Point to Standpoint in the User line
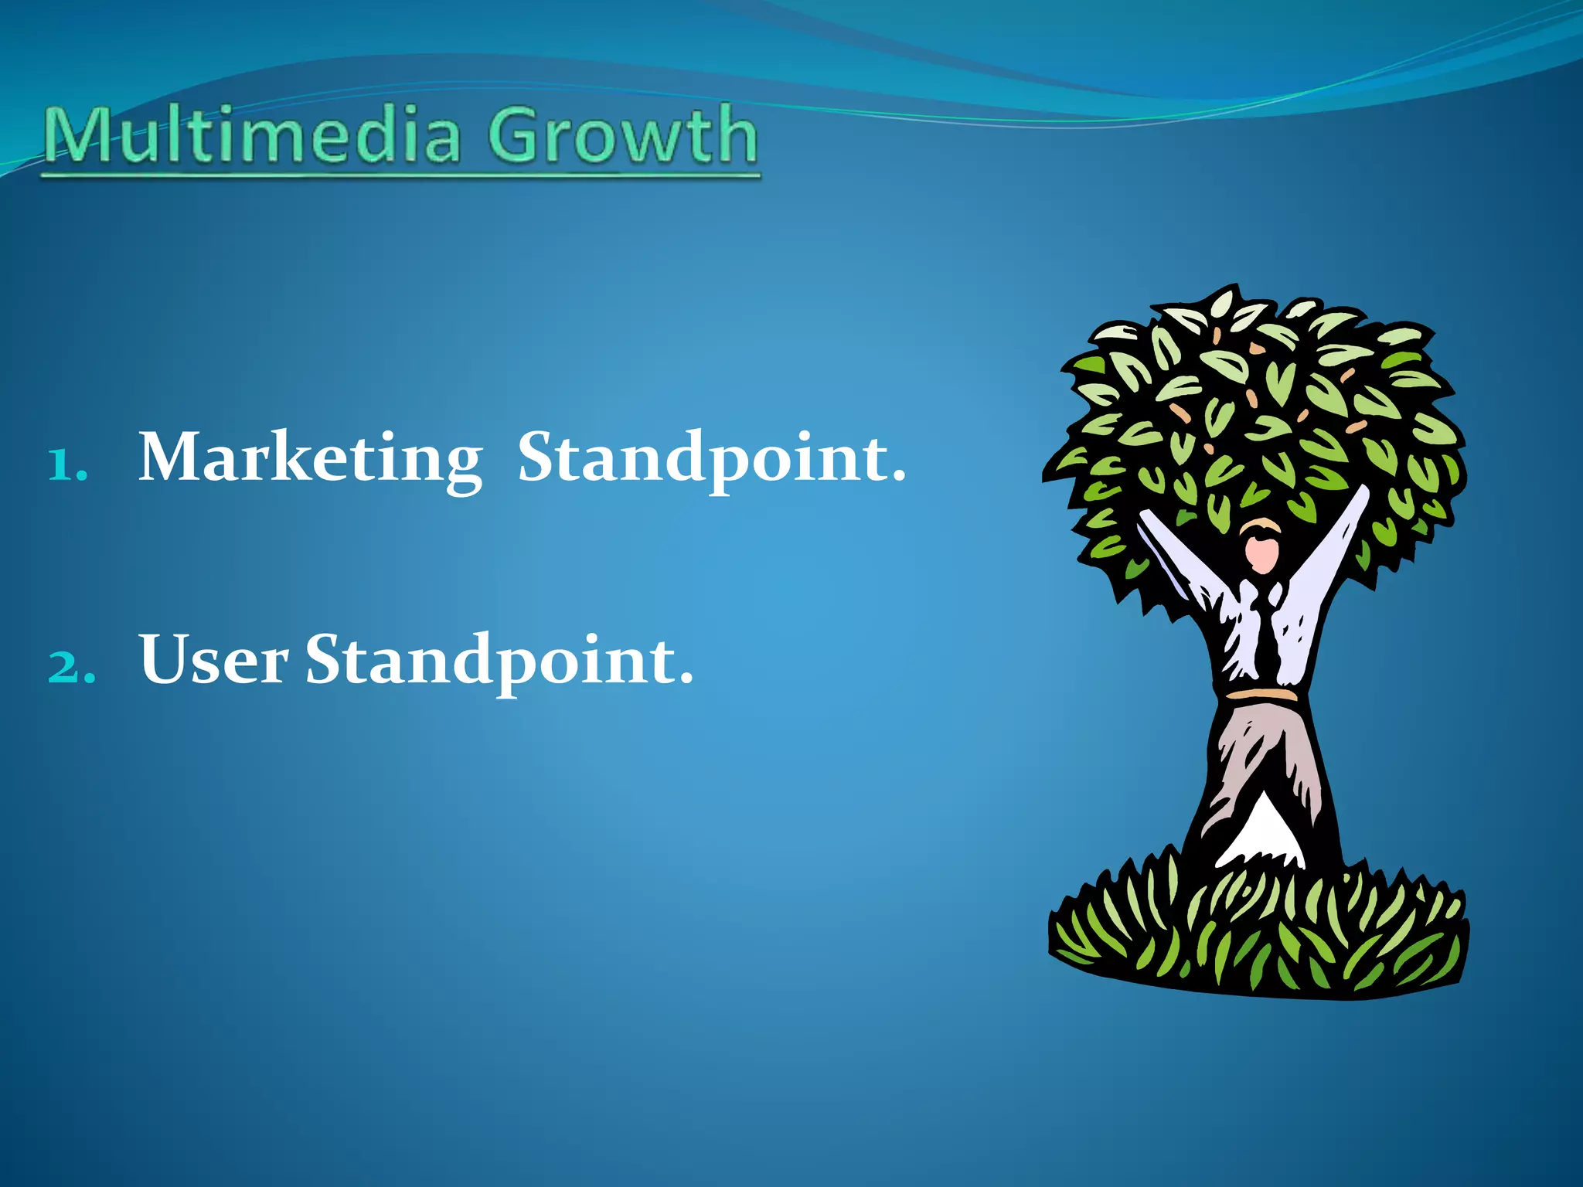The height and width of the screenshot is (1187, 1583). click(x=491, y=661)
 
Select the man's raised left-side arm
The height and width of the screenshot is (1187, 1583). click(x=1179, y=564)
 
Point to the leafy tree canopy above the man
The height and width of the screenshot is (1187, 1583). click(x=1260, y=402)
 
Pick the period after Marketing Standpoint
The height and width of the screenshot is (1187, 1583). click(x=897, y=477)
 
